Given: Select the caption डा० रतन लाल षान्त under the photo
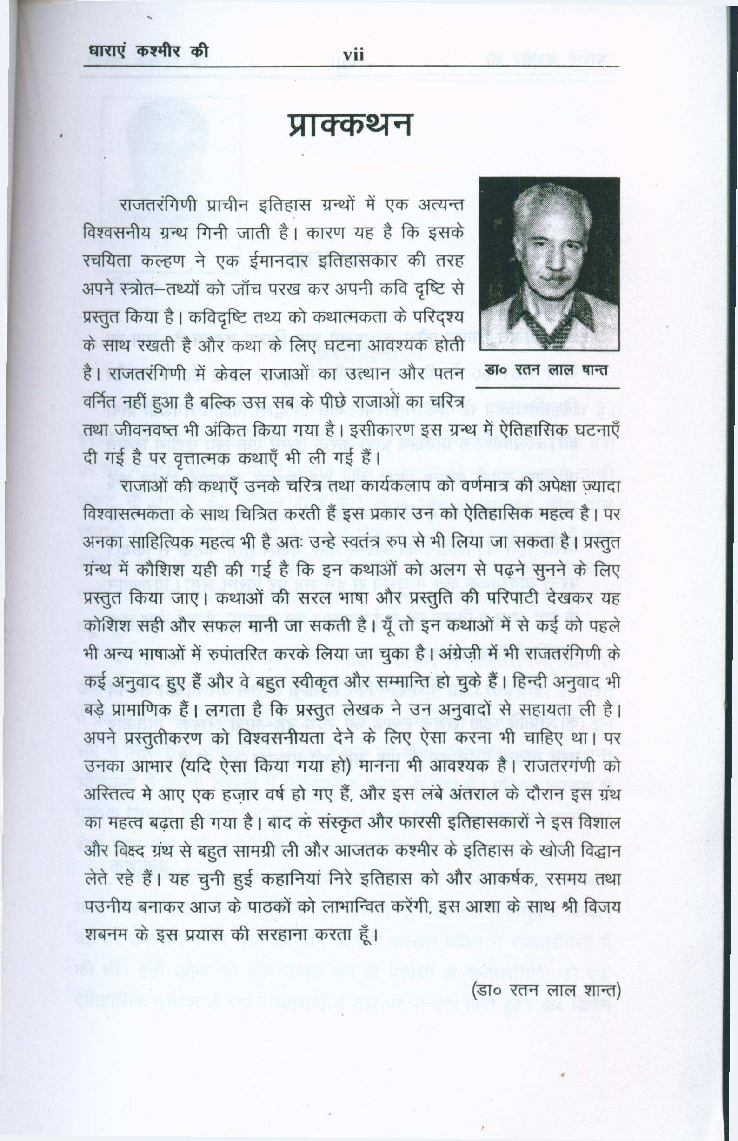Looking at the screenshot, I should pyautogui.click(x=546, y=370).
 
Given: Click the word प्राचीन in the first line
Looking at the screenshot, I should pyautogui.click(x=229, y=205).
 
